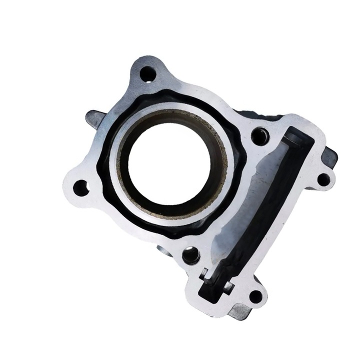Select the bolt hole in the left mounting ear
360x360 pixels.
pos(80,188)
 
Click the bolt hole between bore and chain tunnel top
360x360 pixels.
pos(259,135)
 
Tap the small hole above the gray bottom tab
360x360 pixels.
pos(255,296)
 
